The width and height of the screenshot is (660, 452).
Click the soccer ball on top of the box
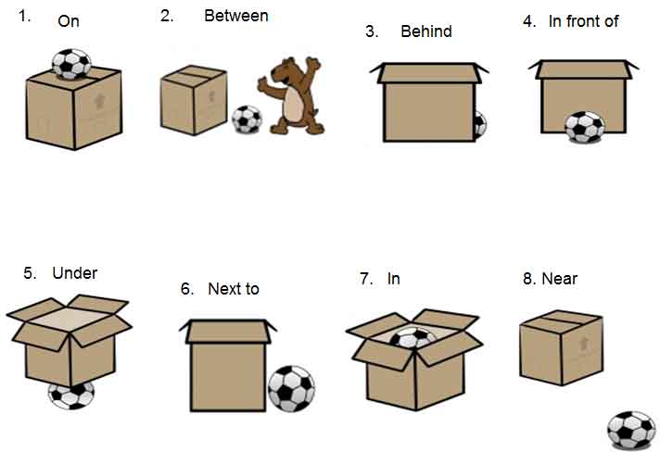[70, 64]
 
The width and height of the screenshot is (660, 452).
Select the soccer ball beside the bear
[246, 119]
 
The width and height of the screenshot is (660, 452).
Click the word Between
[236, 16]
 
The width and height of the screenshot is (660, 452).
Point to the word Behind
[425, 31]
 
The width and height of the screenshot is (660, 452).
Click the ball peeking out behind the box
[480, 124]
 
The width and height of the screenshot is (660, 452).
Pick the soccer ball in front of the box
[584, 127]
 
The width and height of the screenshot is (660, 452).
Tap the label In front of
[583, 21]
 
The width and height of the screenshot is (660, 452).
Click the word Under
[74, 272]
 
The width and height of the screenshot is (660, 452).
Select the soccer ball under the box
[70, 395]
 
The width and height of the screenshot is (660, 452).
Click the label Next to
[233, 289]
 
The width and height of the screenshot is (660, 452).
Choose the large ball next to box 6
[291, 388]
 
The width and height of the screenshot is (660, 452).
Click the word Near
[559, 278]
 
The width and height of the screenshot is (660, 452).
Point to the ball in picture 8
[630, 430]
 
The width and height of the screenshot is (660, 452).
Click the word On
[69, 21]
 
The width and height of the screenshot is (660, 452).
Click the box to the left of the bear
[194, 97]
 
